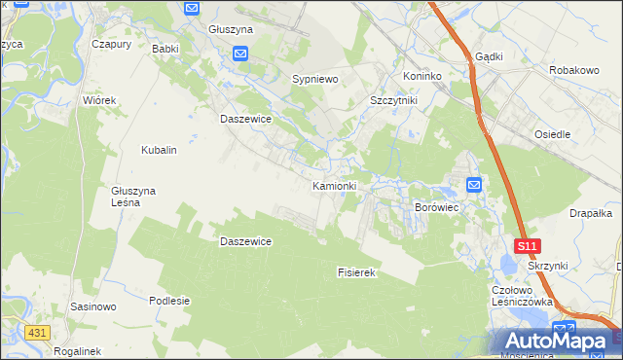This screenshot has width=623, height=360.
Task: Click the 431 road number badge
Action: (x=37, y=333)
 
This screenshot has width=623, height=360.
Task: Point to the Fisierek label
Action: (x=356, y=273)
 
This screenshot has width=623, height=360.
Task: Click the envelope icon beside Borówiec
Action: (x=474, y=185)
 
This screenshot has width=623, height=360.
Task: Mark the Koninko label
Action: (x=422, y=76)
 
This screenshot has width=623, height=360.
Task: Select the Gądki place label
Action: (x=489, y=56)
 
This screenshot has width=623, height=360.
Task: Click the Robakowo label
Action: (x=573, y=71)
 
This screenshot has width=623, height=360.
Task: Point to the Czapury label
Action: (x=111, y=44)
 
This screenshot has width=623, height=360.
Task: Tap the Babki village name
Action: (x=165, y=48)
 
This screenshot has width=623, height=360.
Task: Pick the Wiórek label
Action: (x=99, y=100)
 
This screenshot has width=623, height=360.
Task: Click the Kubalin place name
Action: (x=159, y=151)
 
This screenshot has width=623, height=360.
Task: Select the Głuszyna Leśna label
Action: (x=133, y=197)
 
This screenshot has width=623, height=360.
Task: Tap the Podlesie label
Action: (x=168, y=301)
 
